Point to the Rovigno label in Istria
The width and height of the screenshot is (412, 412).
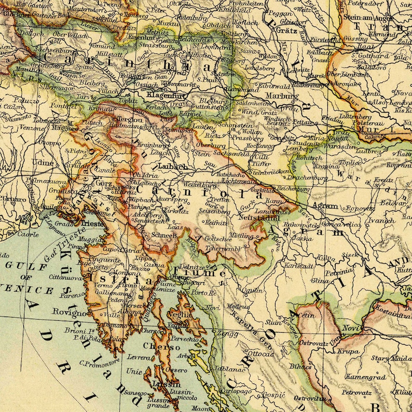point(68,313)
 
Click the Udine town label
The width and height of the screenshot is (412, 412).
point(43,163)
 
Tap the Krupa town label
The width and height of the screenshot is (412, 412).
point(348,351)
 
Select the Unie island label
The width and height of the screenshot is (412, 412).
point(134,372)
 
